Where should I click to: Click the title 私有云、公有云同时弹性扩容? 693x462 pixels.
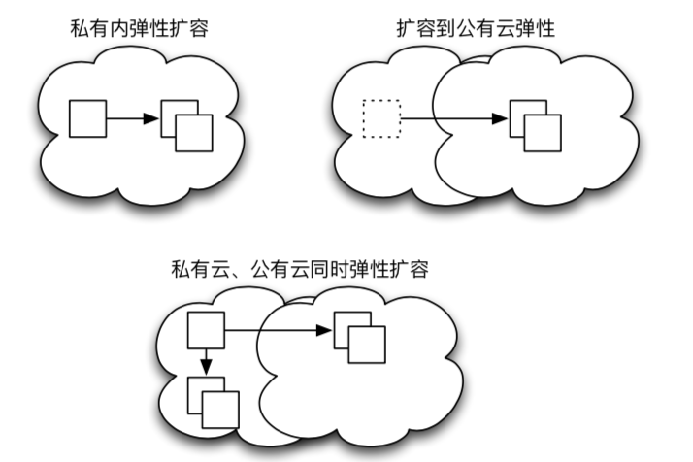(x=299, y=267)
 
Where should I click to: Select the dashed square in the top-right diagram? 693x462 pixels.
(x=380, y=118)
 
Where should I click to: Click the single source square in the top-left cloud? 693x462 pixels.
(x=88, y=118)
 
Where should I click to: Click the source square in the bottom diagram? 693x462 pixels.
(x=205, y=331)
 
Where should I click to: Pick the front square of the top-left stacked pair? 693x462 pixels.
(x=194, y=133)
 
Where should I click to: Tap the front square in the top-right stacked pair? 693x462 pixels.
(x=543, y=133)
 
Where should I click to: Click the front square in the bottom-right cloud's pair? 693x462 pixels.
(x=367, y=345)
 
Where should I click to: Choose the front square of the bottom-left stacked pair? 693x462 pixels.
(x=220, y=409)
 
